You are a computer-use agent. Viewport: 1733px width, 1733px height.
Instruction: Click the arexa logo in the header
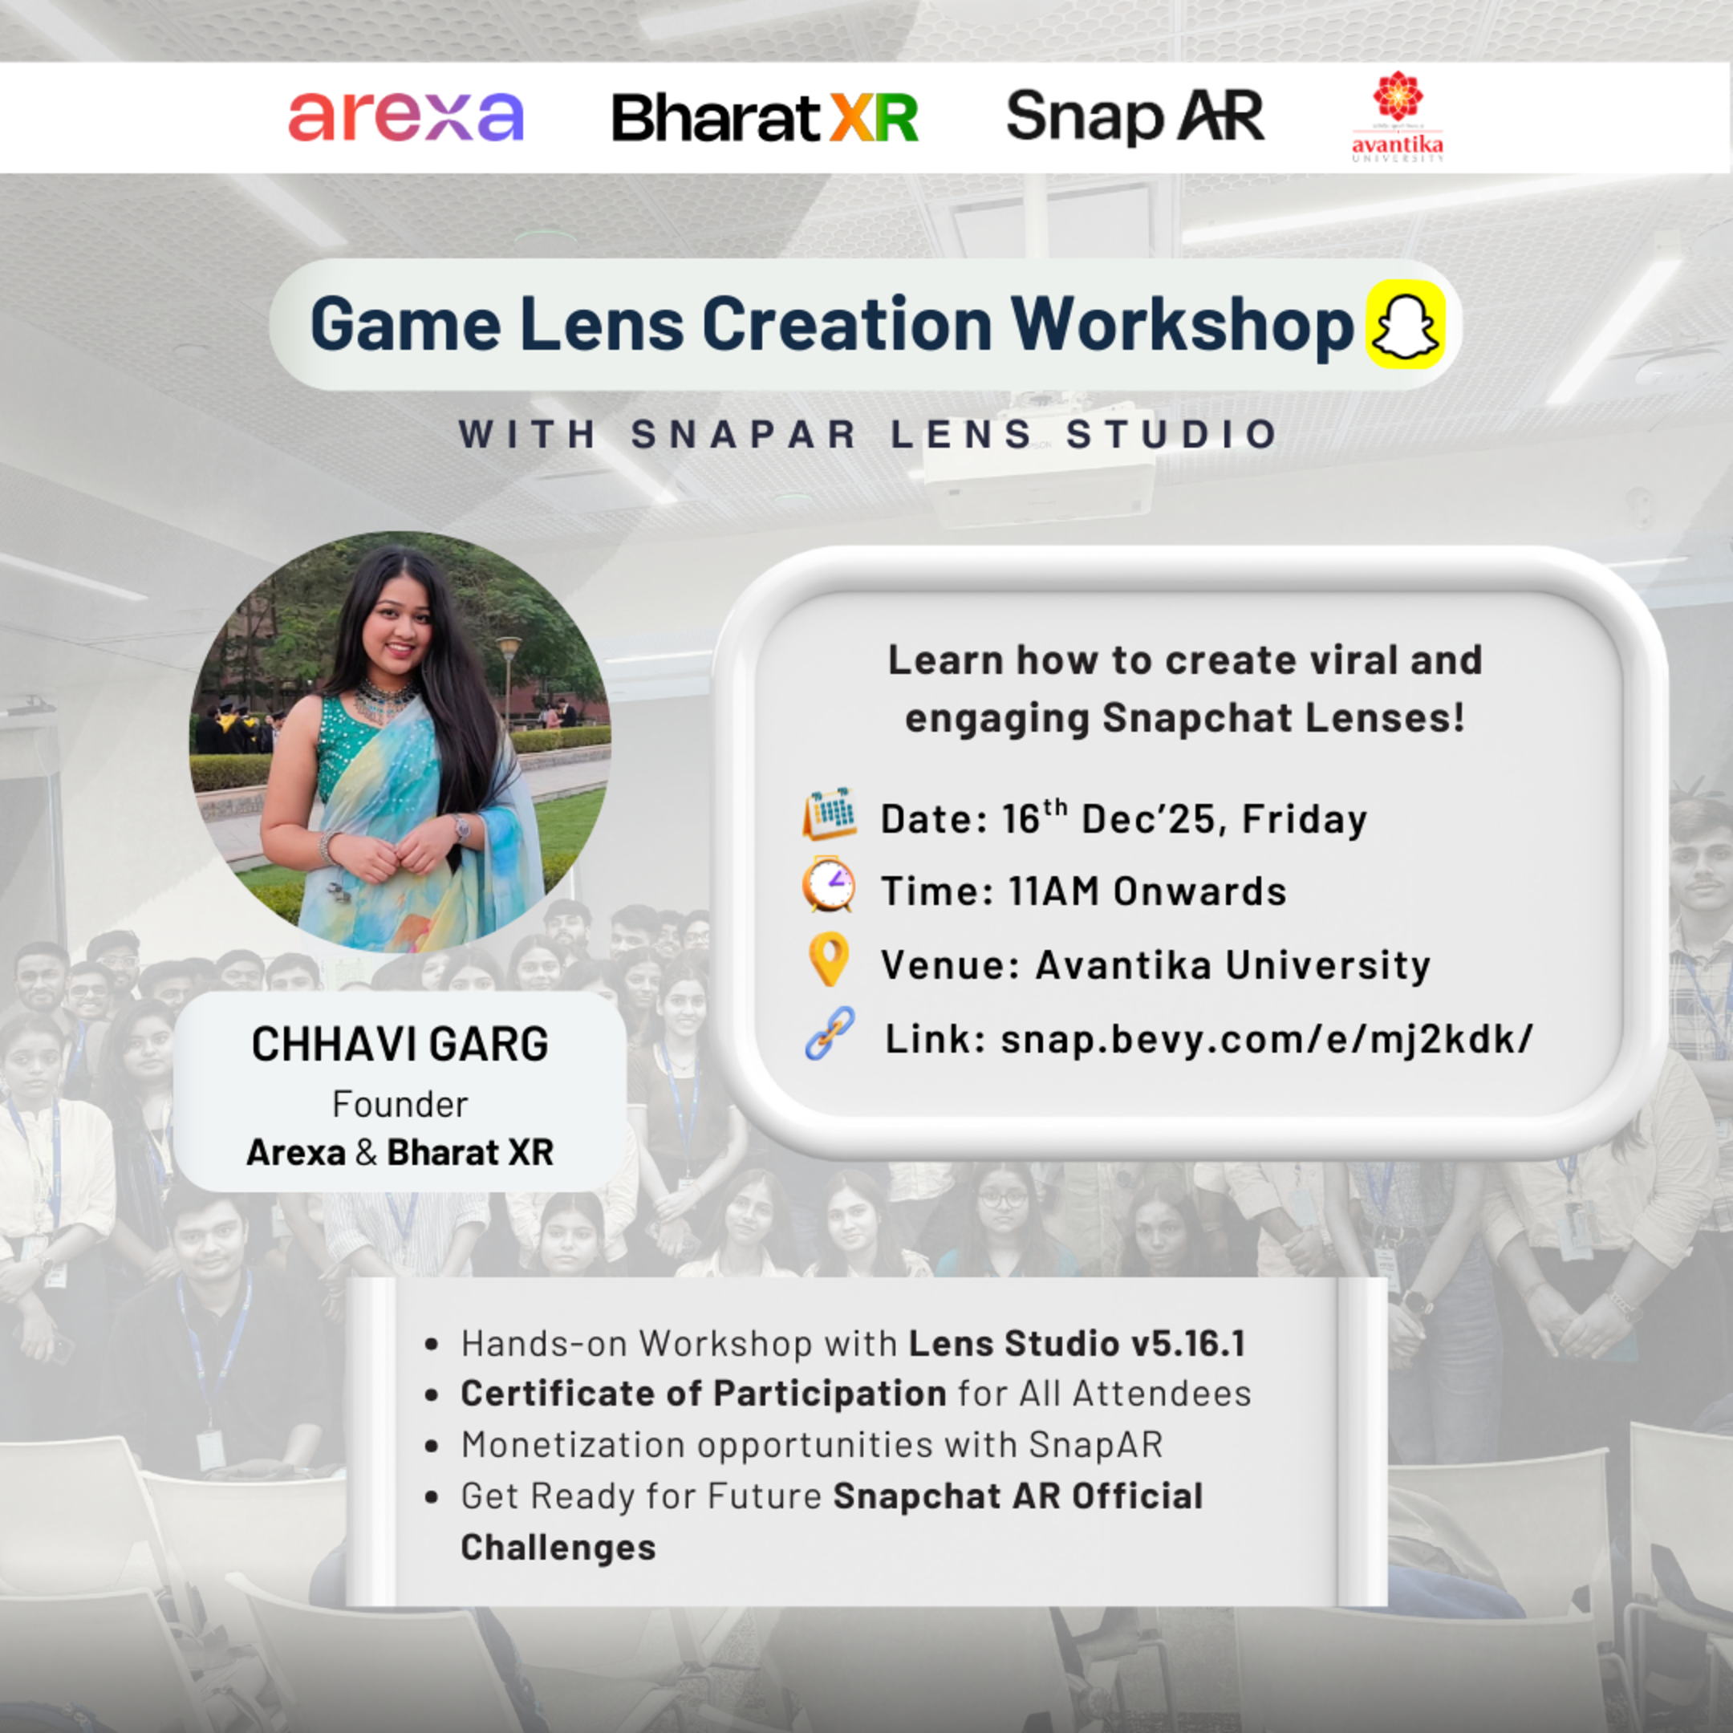click(405, 116)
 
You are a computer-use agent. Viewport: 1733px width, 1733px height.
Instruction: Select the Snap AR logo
click(1134, 116)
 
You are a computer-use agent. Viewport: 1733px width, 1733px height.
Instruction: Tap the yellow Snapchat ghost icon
click(1405, 325)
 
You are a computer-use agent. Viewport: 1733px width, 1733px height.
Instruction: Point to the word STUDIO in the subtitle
click(1171, 435)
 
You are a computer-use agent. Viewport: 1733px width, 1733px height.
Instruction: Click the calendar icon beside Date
click(830, 814)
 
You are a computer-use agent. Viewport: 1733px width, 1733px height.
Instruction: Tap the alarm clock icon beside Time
click(829, 885)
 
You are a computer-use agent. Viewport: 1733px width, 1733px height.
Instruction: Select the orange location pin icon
click(829, 959)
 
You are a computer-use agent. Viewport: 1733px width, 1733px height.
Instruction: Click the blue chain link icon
click(830, 1033)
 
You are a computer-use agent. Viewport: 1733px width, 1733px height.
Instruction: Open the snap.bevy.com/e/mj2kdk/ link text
click(1267, 1040)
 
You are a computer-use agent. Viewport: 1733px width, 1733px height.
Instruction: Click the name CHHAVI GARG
click(400, 1044)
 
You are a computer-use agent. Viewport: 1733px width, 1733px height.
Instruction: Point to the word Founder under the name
click(400, 1104)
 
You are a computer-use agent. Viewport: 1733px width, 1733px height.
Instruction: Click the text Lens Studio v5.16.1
click(1077, 1344)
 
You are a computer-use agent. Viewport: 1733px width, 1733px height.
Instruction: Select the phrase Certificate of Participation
click(704, 1394)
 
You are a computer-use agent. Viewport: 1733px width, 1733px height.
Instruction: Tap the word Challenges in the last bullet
click(558, 1548)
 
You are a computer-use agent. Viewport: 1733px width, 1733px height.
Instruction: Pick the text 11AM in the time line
click(1053, 891)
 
